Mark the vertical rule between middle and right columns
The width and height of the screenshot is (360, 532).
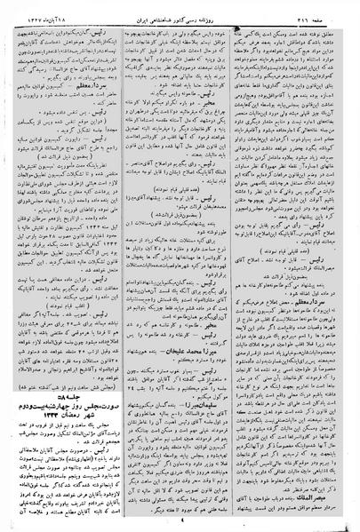click(x=239, y=266)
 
